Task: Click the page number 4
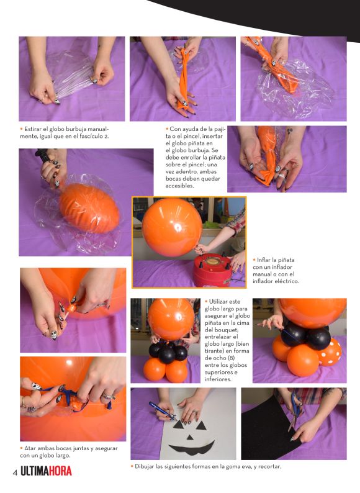pos(15,473)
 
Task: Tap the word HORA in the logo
pos(60,471)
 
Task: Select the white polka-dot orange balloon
pos(329,352)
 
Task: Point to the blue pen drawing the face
pos(162,411)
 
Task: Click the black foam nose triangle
pos(189,437)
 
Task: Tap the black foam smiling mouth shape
pos(191,448)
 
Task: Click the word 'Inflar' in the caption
pos(265,260)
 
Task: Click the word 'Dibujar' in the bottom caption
pos(145,466)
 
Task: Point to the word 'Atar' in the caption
pos(30,448)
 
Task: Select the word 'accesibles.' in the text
pos(179,186)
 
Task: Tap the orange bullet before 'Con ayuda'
pos(167,129)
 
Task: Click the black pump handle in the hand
pos(42,155)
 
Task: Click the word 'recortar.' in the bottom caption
pos(269,466)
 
